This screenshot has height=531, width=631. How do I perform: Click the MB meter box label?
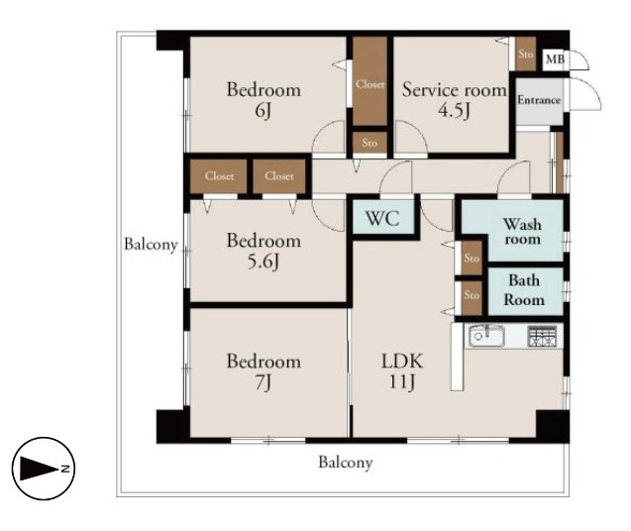click(555, 59)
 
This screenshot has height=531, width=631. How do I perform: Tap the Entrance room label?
click(539, 100)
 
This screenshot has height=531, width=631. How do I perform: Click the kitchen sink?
click(486, 336)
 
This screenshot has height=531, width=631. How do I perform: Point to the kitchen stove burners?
click(542, 336)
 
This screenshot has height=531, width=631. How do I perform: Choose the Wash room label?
click(522, 232)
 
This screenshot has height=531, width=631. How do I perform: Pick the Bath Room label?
click(524, 290)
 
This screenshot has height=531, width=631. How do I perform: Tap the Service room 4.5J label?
click(455, 99)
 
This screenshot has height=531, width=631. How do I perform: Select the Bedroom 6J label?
click(263, 99)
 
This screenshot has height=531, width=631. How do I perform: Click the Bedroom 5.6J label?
click(263, 251)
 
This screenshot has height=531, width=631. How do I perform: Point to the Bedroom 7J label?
click(263, 372)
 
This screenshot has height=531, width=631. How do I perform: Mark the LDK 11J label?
click(402, 372)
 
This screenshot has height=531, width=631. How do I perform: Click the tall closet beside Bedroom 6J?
click(369, 81)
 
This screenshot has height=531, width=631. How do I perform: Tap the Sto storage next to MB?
click(526, 53)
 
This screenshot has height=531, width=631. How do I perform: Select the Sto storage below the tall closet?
click(369, 143)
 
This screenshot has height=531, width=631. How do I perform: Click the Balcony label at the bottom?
click(346, 463)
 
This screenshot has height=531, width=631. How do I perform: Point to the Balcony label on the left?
click(151, 245)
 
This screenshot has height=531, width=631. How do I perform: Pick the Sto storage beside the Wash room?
click(472, 258)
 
